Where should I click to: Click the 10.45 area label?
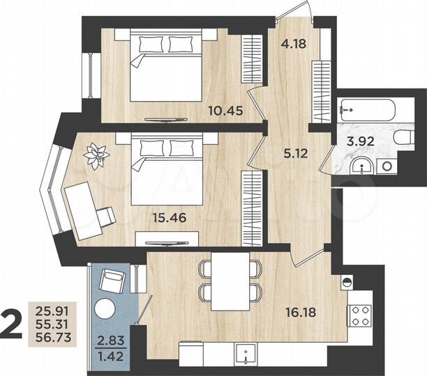click(225, 109)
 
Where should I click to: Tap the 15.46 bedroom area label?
click(170, 217)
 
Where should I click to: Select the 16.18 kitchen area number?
click(299, 312)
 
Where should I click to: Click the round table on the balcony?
click(107, 309)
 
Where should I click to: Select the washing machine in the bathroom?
click(386, 165)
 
